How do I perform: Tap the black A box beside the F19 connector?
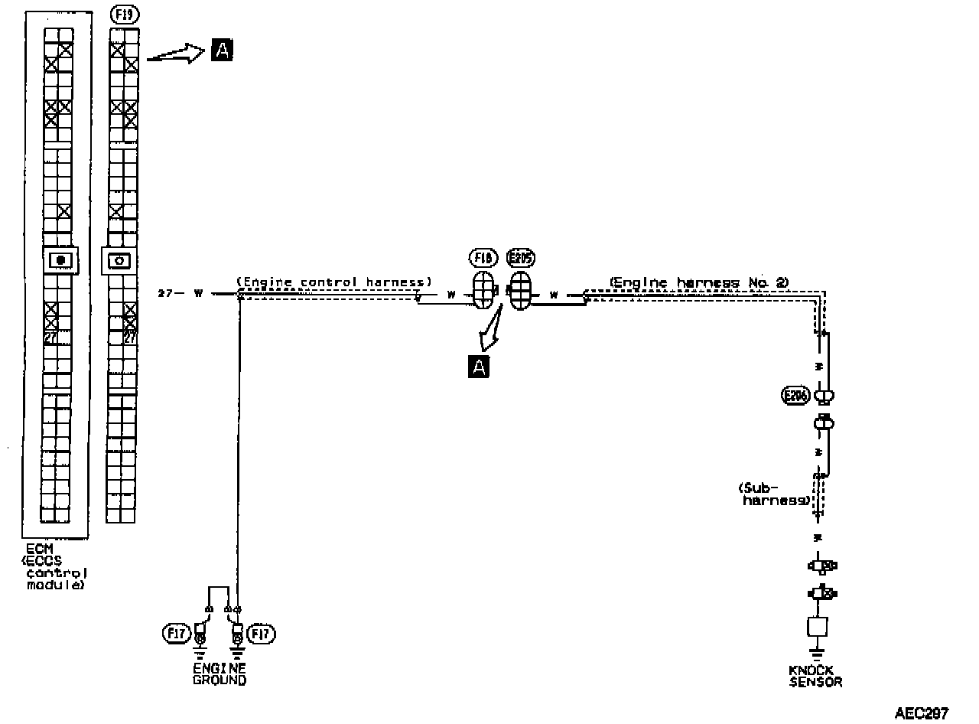[x=221, y=51]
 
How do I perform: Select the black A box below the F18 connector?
[x=479, y=367]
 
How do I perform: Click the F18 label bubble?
[x=483, y=259]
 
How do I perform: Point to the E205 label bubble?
[x=520, y=259]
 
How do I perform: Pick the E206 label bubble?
[x=795, y=396]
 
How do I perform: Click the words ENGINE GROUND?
[x=220, y=673]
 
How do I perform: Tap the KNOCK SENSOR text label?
[x=815, y=676]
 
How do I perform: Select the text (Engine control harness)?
[x=333, y=282]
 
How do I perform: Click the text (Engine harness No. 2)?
[x=698, y=282]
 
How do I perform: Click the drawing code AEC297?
[x=921, y=713]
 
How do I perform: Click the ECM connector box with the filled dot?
[x=60, y=260]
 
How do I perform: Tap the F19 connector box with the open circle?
[x=119, y=260]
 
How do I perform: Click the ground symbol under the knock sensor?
[x=818, y=654]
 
